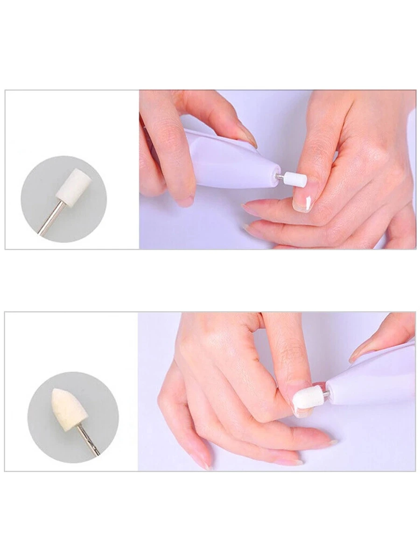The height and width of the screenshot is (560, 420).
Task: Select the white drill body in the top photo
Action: coord(233,163)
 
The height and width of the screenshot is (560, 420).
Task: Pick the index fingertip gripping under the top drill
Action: coord(184,201)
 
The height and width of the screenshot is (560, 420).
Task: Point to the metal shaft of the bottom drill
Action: coord(325,394)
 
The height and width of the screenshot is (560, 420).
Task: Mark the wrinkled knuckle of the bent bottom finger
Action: coord(292,350)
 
